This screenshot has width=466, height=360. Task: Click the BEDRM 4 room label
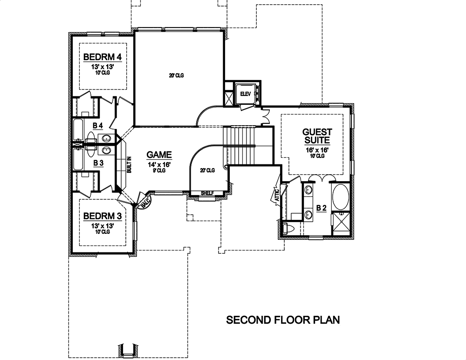(103, 57)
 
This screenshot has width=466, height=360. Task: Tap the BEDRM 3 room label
(103, 216)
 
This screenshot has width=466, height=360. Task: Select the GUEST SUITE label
(317, 136)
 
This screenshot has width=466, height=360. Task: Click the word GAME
(159, 155)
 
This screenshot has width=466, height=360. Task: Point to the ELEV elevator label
(245, 94)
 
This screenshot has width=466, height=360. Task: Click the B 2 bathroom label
(321, 208)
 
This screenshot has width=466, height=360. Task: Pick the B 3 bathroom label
(98, 163)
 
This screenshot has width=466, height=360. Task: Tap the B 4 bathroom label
(98, 126)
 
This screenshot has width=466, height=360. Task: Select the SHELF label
(206, 193)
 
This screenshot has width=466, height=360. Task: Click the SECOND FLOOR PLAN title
(283, 320)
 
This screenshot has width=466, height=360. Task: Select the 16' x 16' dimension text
(317, 150)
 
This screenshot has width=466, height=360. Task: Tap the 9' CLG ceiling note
(159, 170)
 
